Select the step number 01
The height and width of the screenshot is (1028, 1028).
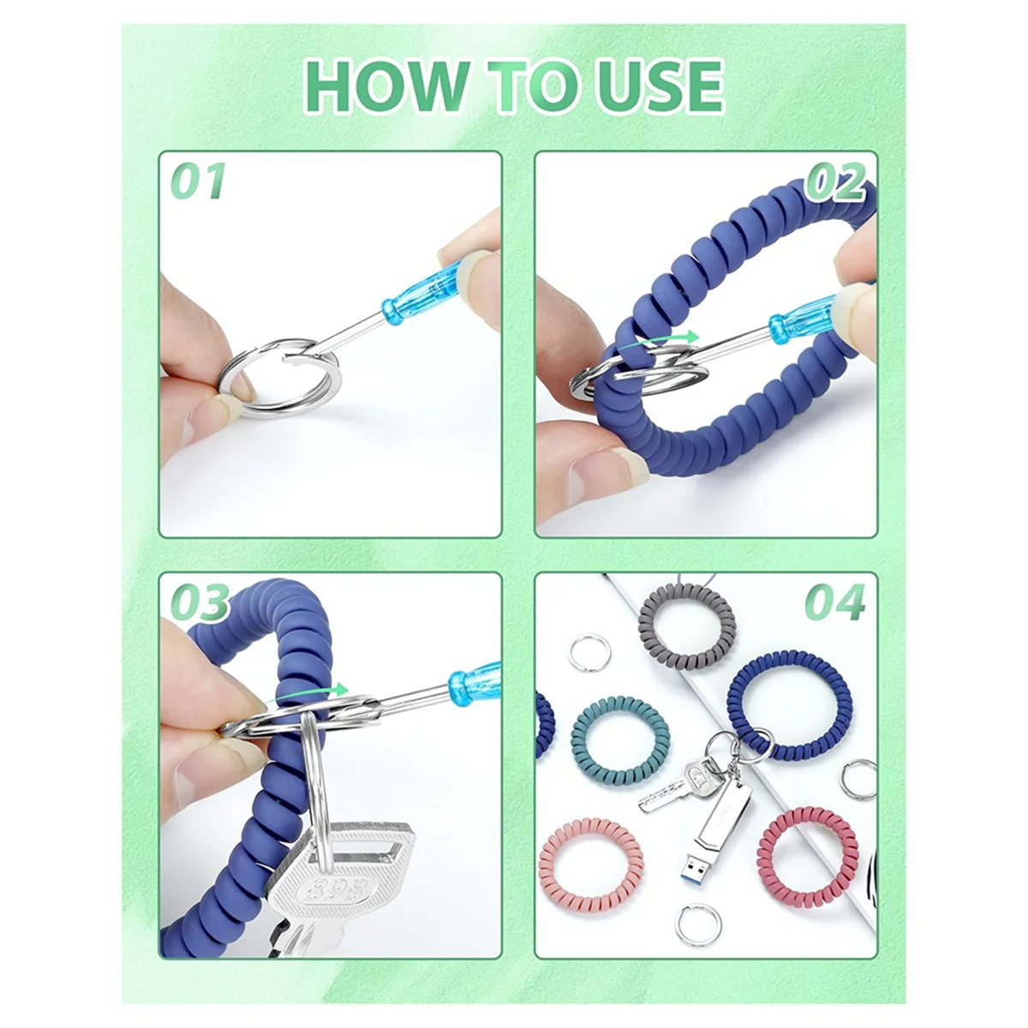pyautogui.click(x=198, y=181)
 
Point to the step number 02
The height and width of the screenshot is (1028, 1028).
pyautogui.click(x=835, y=181)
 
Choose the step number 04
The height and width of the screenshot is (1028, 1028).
pyautogui.click(x=835, y=602)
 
